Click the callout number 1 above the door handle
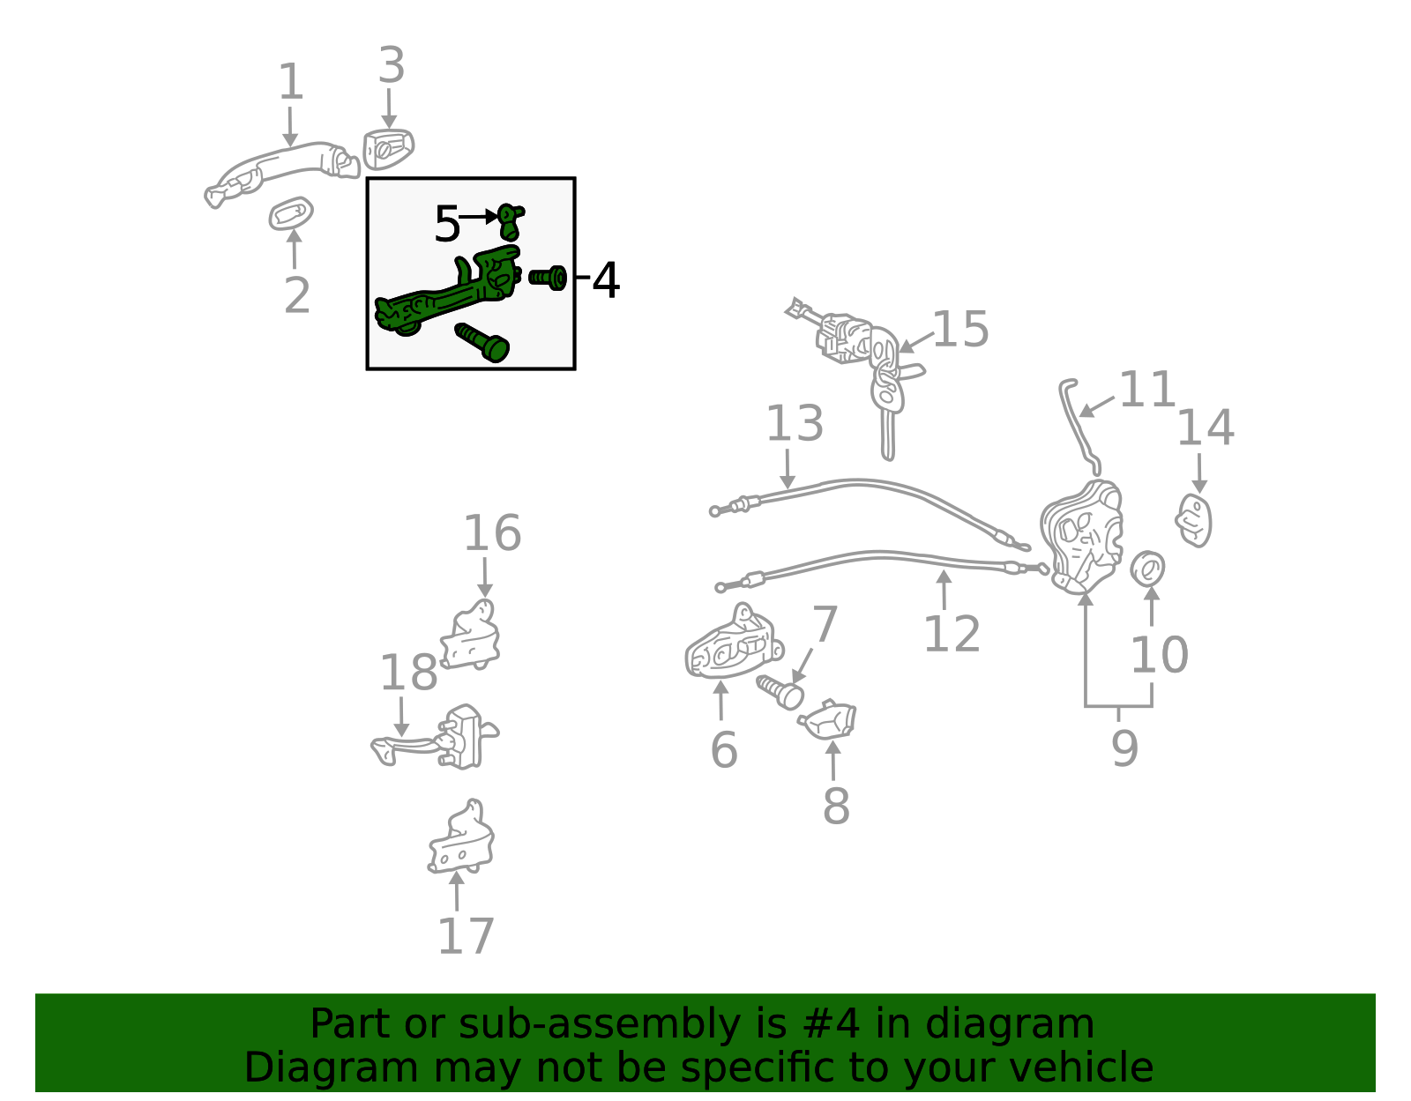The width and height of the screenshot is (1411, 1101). (290, 82)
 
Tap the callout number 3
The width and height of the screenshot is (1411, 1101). (392, 65)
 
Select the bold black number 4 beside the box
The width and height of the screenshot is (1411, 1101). (606, 280)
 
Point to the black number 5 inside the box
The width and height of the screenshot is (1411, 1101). (447, 224)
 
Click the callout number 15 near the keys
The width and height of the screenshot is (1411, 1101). (961, 329)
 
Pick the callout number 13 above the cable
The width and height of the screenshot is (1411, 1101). (795, 423)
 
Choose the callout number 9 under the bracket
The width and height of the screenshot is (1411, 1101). (1125, 748)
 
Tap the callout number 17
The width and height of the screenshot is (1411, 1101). (467, 936)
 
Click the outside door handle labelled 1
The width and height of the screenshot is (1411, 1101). (282, 174)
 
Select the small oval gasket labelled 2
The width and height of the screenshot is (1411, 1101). (291, 213)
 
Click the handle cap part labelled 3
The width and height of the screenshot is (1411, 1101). (388, 149)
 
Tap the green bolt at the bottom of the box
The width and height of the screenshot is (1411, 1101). (482, 342)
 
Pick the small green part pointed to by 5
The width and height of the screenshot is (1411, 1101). (511, 221)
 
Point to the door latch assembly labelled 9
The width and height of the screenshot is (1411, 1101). (1082, 537)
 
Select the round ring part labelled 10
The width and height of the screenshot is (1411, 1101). (1147, 569)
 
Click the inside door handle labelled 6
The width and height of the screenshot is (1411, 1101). (735, 643)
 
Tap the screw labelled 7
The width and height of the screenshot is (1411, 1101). (780, 692)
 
